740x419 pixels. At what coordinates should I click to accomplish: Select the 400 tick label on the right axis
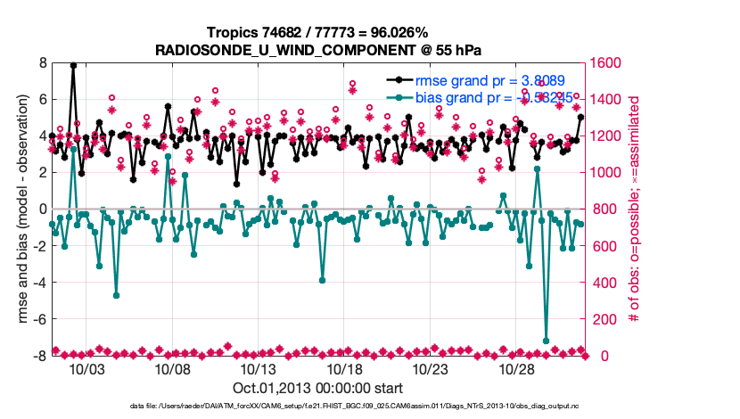point(604,283)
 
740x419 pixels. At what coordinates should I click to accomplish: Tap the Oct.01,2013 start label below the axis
point(317,388)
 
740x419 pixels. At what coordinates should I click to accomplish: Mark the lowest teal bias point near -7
point(546,341)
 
